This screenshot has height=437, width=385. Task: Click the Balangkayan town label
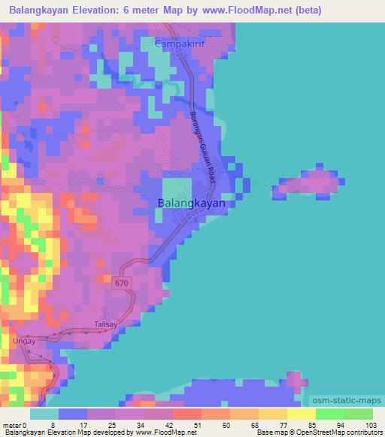point(191,203)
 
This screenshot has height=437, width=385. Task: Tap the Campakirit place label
point(180,44)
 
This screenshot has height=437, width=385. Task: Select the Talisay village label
point(106,324)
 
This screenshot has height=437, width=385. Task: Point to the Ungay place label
point(25,341)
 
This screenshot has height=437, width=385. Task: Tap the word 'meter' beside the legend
point(13,424)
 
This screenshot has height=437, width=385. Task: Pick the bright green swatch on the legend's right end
point(358,414)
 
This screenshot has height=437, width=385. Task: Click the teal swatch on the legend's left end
point(44,414)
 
